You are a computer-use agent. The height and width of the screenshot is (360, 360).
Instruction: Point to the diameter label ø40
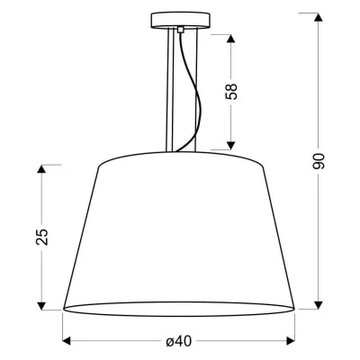pyautogui.click(x=179, y=341)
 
